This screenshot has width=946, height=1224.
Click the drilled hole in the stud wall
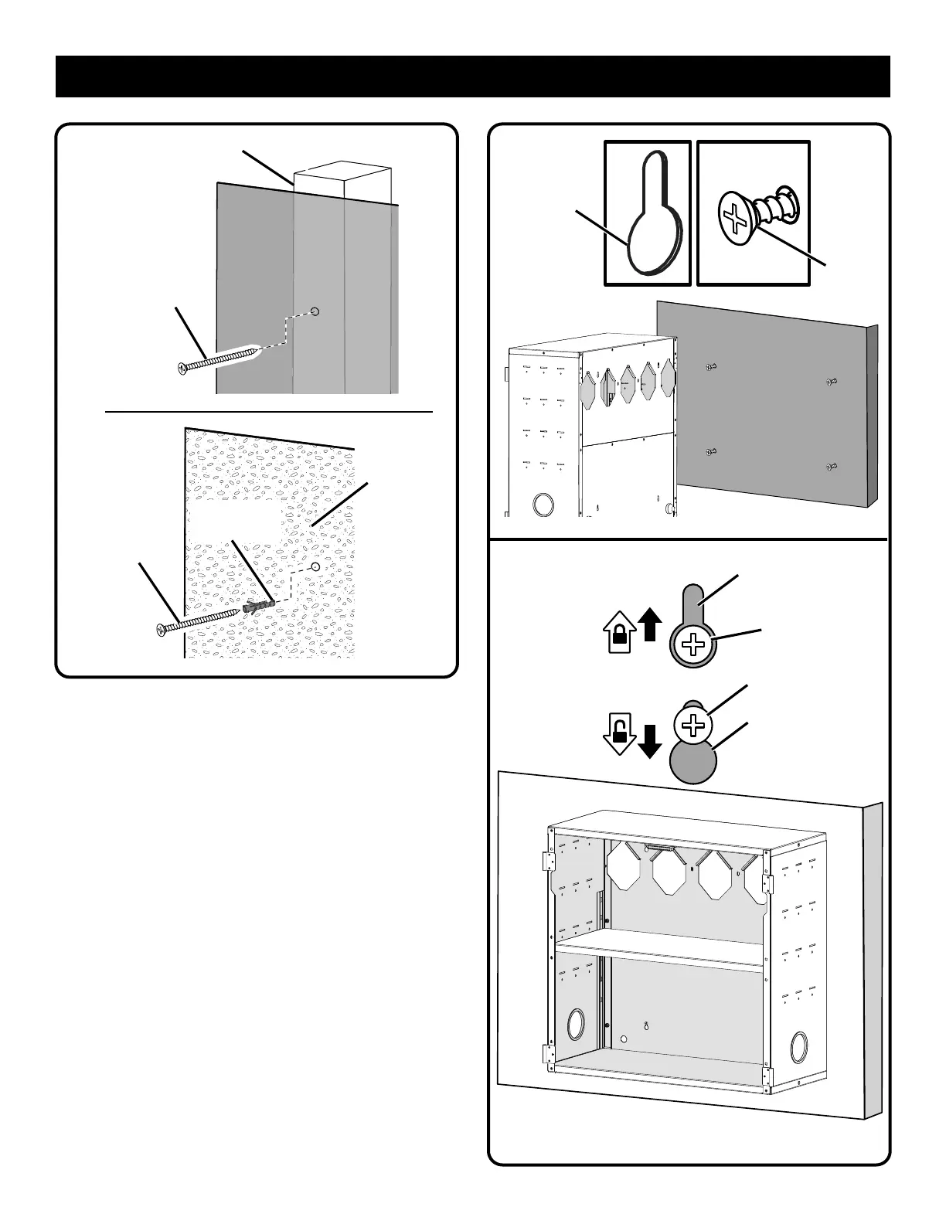click(x=315, y=311)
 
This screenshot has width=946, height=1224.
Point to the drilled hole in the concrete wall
click(x=315, y=567)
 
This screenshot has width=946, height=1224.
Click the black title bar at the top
click(x=473, y=76)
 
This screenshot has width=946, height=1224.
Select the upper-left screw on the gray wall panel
click(x=712, y=368)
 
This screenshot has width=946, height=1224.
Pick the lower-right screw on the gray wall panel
click(x=832, y=467)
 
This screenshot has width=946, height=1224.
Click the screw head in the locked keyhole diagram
click(x=695, y=644)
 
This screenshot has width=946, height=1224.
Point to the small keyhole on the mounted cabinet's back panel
click(x=646, y=1027)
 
